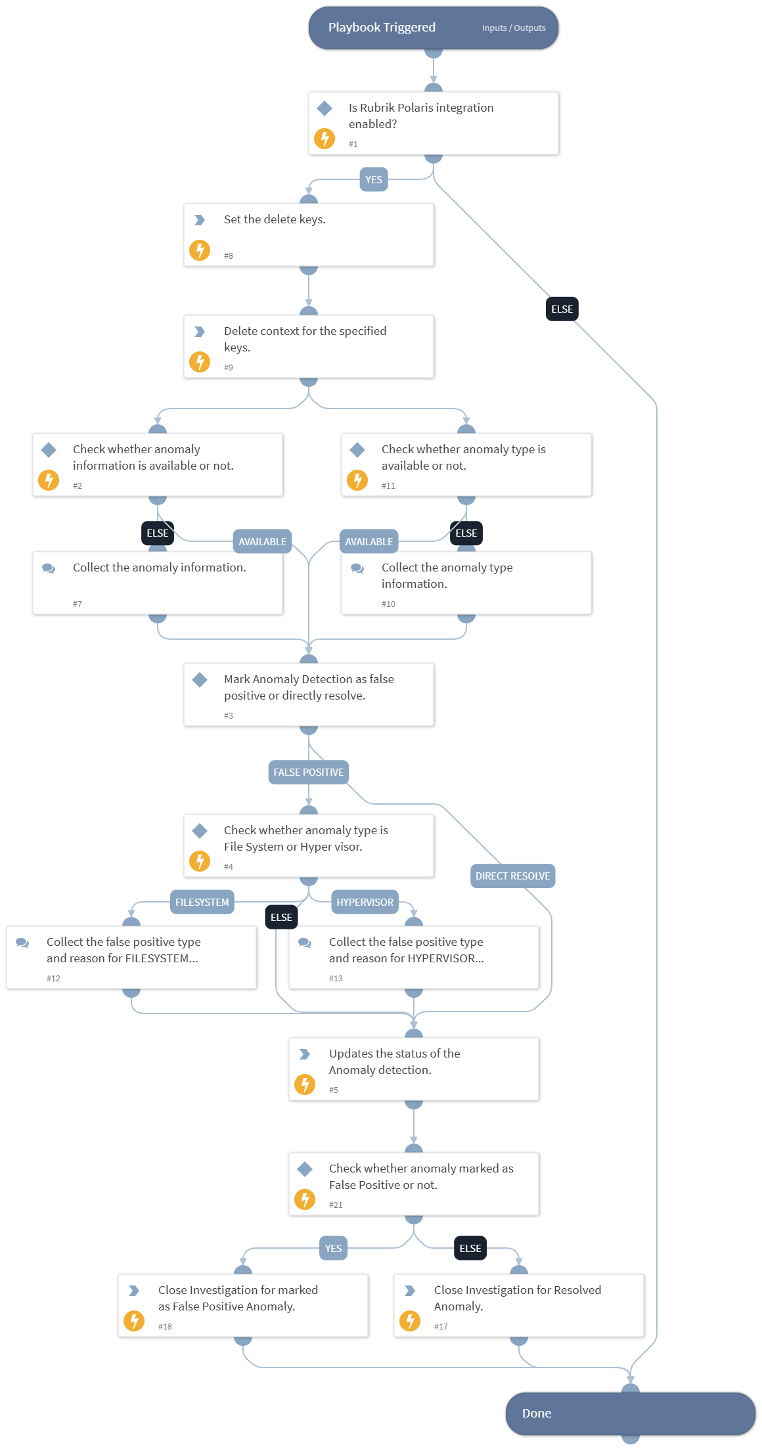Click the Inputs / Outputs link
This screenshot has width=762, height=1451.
[x=513, y=28]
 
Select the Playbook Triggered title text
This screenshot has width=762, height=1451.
[x=382, y=28]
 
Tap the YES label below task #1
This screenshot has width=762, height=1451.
[x=374, y=180]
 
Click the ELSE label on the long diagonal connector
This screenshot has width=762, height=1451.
[x=562, y=309]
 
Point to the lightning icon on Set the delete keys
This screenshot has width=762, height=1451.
[x=200, y=250]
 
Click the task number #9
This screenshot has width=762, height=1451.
[x=229, y=368]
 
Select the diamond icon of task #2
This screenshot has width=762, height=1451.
[x=49, y=450]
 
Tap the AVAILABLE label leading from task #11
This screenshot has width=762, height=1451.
[x=369, y=542]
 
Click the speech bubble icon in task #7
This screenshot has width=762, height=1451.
[x=49, y=568]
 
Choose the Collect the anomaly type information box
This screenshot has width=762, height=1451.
[x=466, y=583]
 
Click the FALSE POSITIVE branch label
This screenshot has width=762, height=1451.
[x=308, y=772]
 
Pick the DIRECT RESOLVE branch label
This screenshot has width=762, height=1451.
[x=512, y=876]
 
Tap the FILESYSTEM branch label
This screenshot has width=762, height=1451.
[x=202, y=903]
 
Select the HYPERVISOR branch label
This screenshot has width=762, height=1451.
[x=365, y=903]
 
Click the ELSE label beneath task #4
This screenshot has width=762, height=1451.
[x=281, y=918]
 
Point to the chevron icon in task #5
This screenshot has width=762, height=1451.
[x=305, y=1054]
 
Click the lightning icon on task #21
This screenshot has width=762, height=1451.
[x=305, y=1199]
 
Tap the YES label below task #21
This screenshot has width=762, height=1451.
[x=333, y=1249]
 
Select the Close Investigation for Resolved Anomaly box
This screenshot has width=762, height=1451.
[x=518, y=1306]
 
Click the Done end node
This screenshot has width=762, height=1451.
[x=629, y=1414]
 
